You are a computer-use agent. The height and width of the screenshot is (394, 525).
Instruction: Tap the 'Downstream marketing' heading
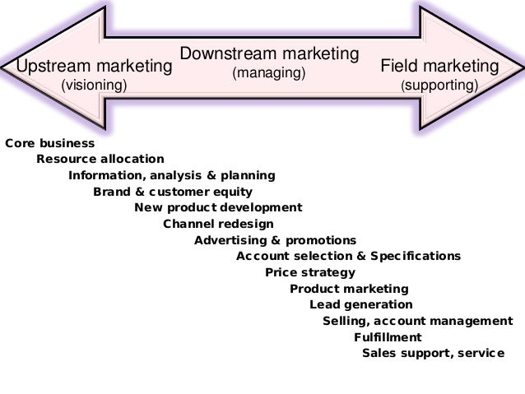[269, 54]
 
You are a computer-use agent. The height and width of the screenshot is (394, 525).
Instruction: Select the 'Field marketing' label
[439, 66]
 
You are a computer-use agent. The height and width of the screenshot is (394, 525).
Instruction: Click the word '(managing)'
[269, 73]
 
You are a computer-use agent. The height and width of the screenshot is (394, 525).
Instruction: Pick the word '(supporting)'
[439, 85]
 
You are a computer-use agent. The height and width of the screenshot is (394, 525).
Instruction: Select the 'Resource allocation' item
[100, 159]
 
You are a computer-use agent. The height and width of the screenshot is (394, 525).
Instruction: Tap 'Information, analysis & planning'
[172, 175]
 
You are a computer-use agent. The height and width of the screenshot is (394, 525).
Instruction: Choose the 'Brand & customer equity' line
[172, 192]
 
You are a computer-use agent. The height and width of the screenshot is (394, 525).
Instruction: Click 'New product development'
[218, 207]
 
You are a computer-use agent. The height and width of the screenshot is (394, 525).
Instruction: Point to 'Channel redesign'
[218, 224]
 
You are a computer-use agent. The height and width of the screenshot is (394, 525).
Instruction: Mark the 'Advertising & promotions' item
[275, 240]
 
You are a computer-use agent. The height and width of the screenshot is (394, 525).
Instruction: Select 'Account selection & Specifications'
[348, 256]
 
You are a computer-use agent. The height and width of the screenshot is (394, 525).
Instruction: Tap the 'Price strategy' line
[310, 272]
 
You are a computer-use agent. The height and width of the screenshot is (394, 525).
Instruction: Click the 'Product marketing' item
[349, 289]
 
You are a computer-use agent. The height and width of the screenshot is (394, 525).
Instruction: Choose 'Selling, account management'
[417, 321]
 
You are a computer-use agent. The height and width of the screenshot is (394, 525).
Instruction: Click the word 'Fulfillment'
[388, 337]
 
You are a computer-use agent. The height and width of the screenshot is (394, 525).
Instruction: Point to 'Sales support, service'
[433, 354]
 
